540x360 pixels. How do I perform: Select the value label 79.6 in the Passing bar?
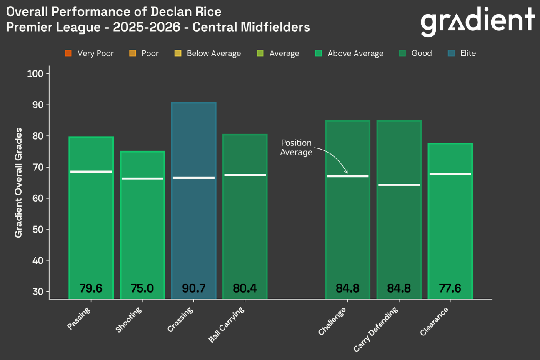click(91, 288)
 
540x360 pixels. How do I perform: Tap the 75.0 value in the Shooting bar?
click(142, 288)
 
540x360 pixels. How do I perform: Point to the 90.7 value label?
click(193, 288)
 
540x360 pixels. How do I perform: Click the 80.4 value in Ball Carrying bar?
click(245, 288)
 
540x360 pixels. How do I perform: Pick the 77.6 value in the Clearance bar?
click(450, 288)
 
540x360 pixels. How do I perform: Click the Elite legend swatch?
click(452, 53)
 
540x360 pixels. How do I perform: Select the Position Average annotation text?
click(296, 148)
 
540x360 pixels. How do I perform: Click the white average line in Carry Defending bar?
click(399, 185)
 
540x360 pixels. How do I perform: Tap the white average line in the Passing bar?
click(91, 171)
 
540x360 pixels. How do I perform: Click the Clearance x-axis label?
click(434, 322)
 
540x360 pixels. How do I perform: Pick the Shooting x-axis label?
click(129, 320)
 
